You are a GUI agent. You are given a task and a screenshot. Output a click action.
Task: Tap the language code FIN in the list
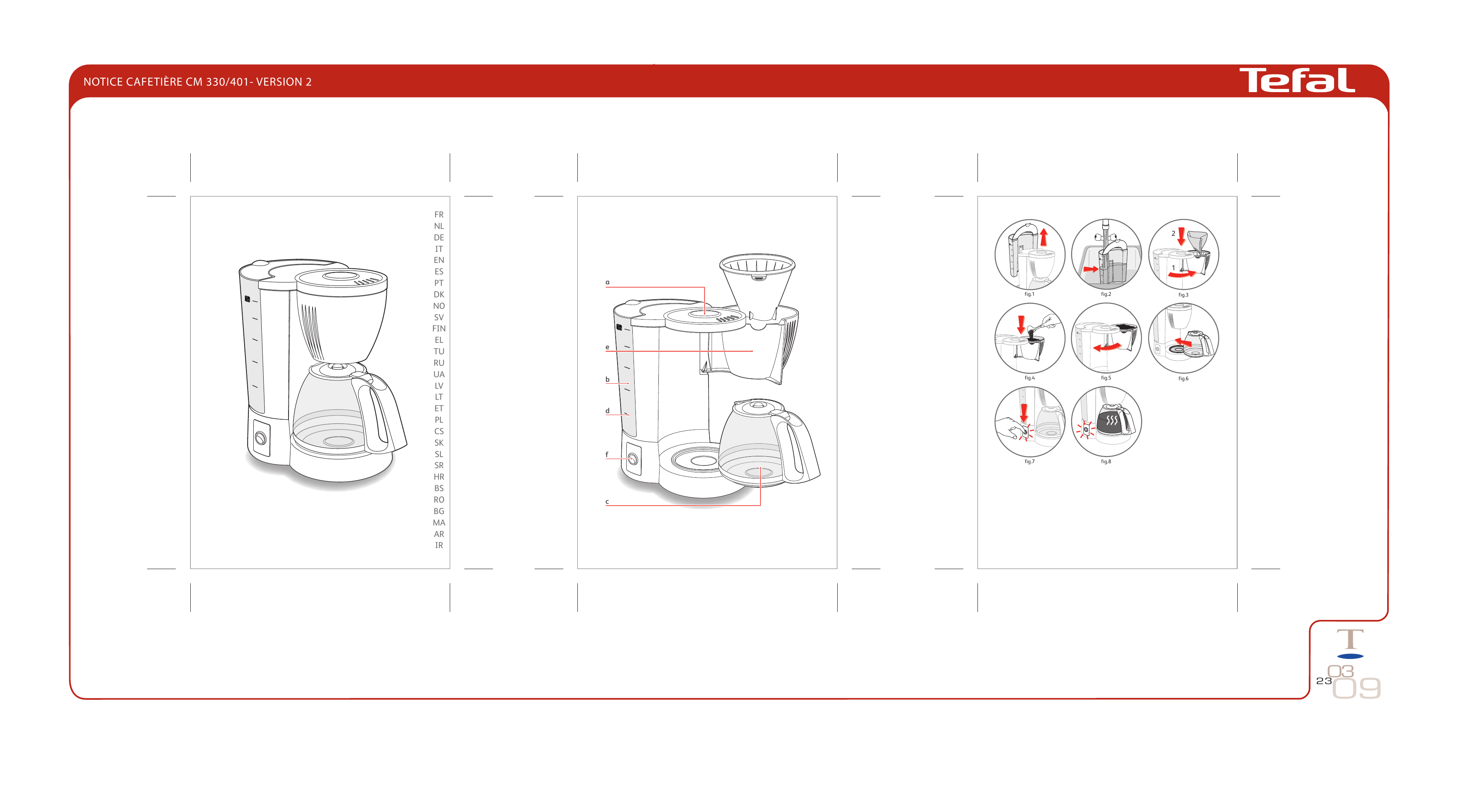pyautogui.click(x=439, y=329)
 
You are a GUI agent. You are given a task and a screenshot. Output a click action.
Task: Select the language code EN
pyautogui.click(x=439, y=260)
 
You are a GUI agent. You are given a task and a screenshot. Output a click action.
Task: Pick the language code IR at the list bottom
pyautogui.click(x=439, y=545)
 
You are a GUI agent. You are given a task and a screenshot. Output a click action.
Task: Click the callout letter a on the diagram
pyautogui.click(x=607, y=282)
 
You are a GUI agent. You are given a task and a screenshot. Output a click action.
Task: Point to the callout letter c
pyautogui.click(x=607, y=502)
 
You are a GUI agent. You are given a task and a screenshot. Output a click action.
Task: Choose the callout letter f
pyautogui.click(x=607, y=454)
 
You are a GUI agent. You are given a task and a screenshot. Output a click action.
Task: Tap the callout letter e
pyautogui.click(x=607, y=347)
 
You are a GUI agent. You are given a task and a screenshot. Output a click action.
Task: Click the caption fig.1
pyautogui.click(x=1029, y=294)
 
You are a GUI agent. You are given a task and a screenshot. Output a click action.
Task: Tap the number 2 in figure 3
pyautogui.click(x=1173, y=234)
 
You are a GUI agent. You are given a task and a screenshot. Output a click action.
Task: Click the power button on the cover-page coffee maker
pyautogui.click(x=261, y=438)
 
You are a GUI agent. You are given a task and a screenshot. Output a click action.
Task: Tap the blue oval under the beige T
pyautogui.click(x=1350, y=657)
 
